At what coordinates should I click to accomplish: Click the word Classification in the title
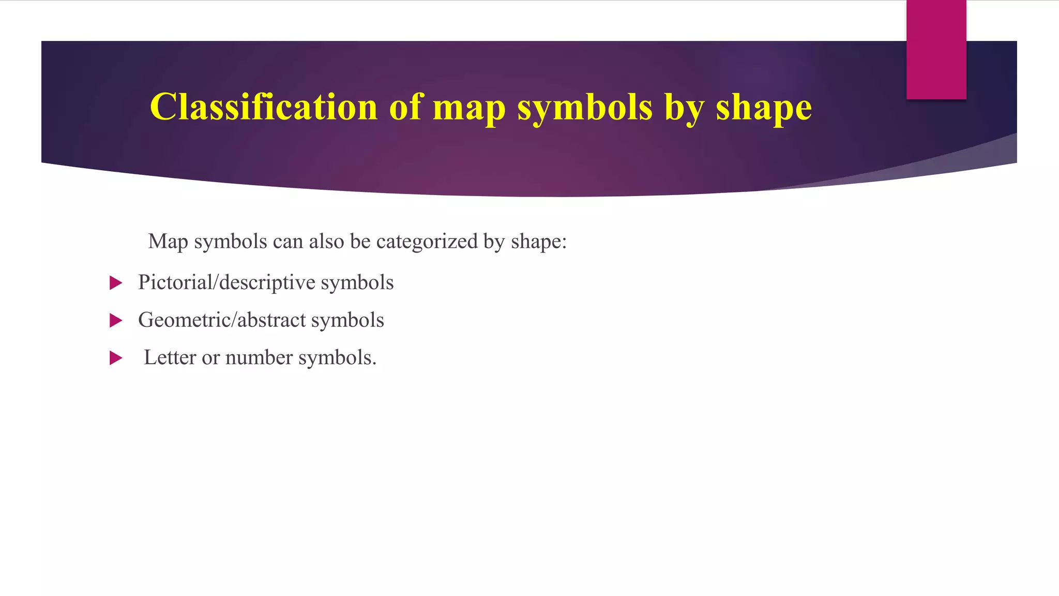(264, 107)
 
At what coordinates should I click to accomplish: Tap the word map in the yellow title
(469, 108)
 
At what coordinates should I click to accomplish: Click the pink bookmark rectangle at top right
(936, 50)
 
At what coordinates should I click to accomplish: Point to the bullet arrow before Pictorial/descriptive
(116, 283)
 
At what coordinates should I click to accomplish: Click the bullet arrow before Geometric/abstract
(116, 321)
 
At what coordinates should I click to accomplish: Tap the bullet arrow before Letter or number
(116, 358)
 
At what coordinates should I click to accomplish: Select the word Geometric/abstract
(222, 320)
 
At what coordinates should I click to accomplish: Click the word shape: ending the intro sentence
(539, 242)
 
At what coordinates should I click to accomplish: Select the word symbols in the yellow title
(585, 108)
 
